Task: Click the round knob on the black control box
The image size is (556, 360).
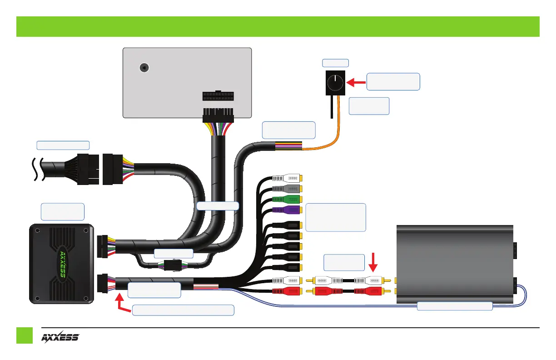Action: pos(335,82)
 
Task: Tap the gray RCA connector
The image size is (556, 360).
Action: pos(288,188)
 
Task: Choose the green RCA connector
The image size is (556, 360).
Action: pos(288,199)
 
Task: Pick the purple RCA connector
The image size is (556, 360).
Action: pos(288,209)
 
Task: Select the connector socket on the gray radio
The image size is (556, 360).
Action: pos(218,96)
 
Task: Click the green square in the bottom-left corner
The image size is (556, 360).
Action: pos(25,336)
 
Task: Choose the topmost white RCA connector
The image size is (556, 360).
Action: pos(288,177)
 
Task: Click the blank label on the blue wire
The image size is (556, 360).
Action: pos(455,306)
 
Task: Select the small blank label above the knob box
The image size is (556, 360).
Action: pos(335,63)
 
